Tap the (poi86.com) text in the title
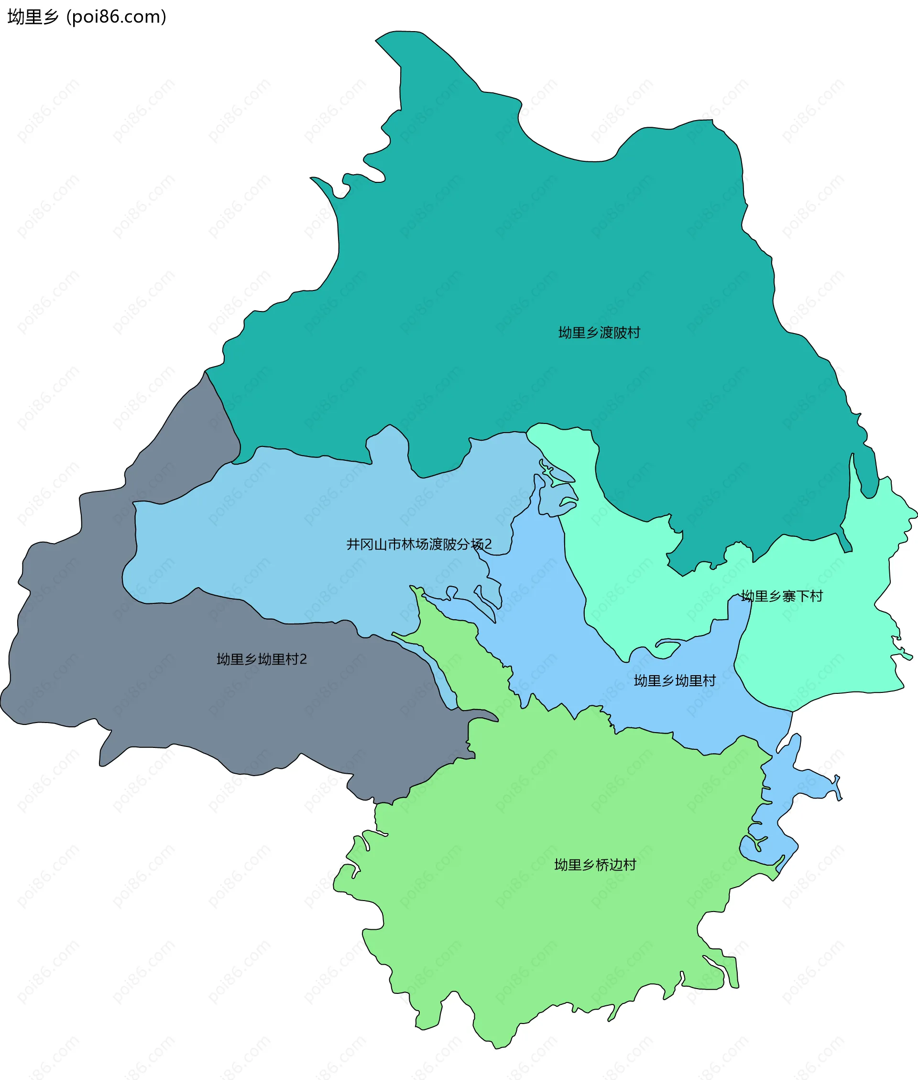pyautogui.click(x=117, y=17)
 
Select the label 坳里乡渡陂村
pyautogui.click(x=599, y=333)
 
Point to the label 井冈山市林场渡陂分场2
pyautogui.click(x=419, y=544)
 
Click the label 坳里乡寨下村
pyautogui.click(x=782, y=596)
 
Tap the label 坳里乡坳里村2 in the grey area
pyautogui.click(x=262, y=659)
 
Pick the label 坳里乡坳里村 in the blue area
pyautogui.click(x=675, y=680)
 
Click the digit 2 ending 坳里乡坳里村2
pyautogui.click(x=304, y=660)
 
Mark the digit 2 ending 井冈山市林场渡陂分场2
pyautogui.click(x=488, y=545)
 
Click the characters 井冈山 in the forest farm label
pyautogui.click(x=367, y=544)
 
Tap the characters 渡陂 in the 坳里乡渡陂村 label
pyautogui.click(x=613, y=333)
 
